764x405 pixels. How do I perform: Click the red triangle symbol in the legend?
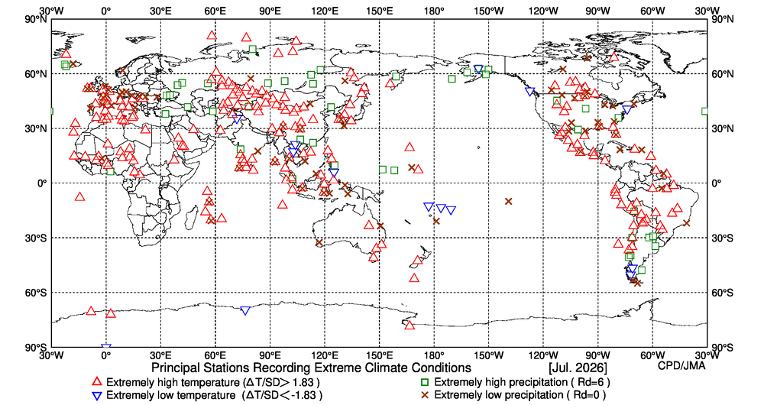pos(98,381)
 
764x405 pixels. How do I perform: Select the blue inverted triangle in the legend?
pos(98,395)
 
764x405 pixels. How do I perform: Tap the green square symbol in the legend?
pos(426,382)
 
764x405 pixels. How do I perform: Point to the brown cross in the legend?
pos(426,395)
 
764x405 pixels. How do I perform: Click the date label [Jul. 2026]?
pos(578,367)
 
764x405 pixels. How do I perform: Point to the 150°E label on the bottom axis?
pos(379,355)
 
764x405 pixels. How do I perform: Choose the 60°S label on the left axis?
pos(36,293)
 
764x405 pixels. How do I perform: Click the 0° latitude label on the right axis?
pos(715,183)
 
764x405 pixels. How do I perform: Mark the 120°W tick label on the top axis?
pos(543,11)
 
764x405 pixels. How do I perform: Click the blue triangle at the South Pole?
pos(105,348)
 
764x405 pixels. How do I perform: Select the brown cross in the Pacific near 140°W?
pos(509,201)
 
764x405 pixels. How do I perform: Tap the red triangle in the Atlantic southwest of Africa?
pos(80,197)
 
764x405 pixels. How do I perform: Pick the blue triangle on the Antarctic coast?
pos(245,311)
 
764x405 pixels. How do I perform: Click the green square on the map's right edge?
pos(705,111)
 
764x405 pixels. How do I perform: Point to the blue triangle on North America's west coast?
pos(529,92)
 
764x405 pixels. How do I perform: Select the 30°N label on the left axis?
pos(36,128)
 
